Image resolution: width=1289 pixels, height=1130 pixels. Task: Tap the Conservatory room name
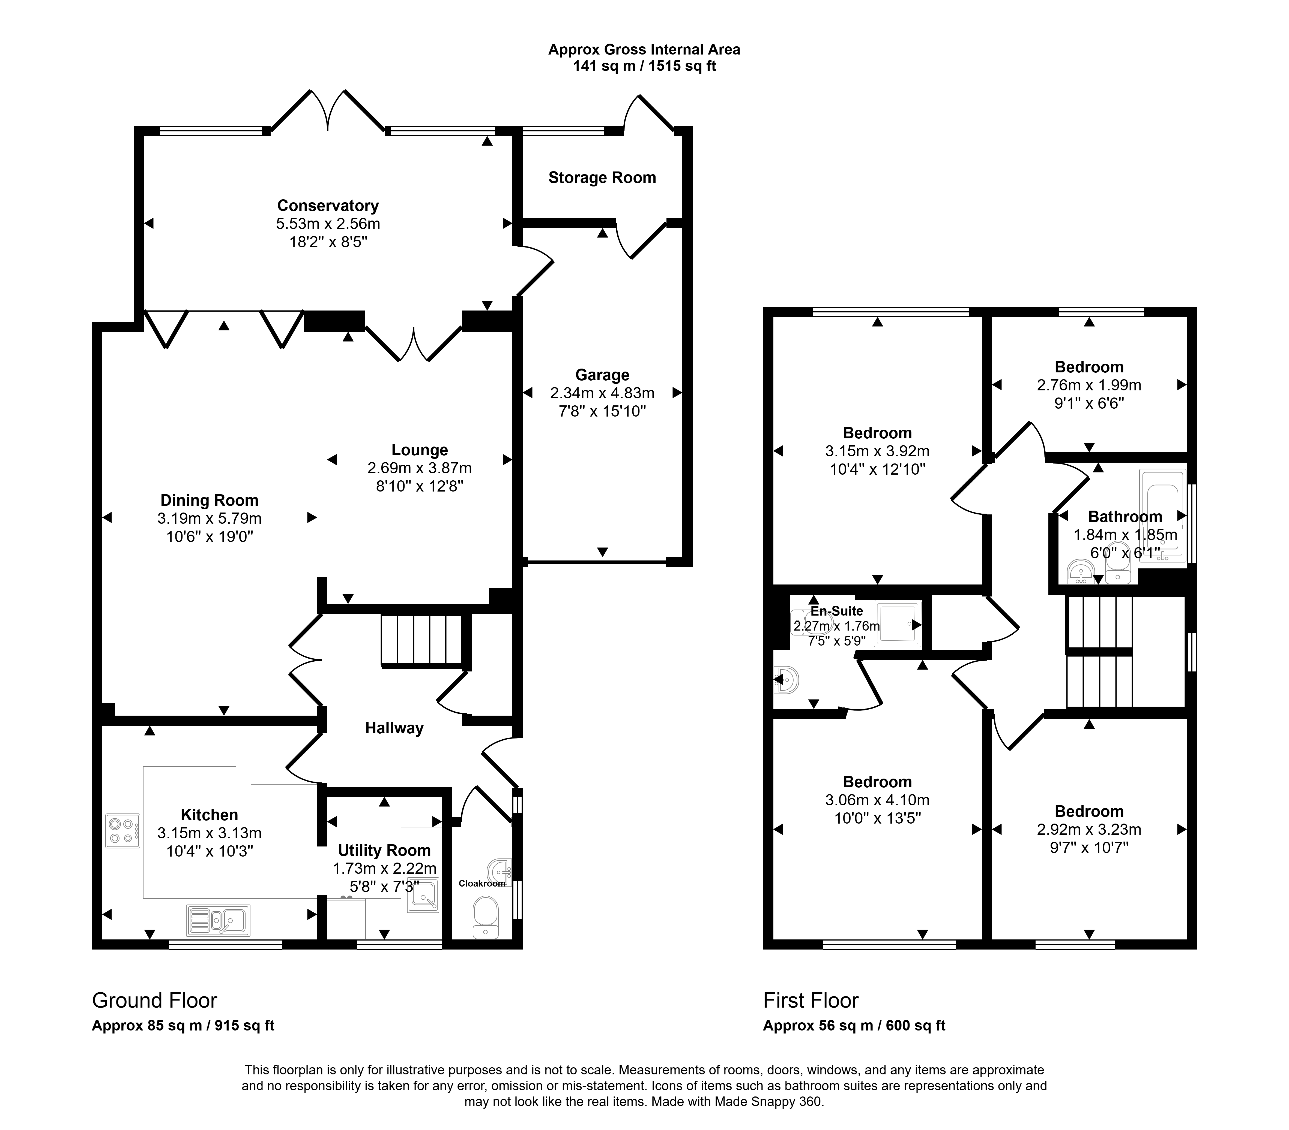[x=328, y=206]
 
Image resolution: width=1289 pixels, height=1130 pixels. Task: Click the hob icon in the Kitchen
[x=123, y=831]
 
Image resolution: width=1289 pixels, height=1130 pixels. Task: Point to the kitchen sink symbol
[x=218, y=920]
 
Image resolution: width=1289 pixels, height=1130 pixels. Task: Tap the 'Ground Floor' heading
[x=154, y=1000]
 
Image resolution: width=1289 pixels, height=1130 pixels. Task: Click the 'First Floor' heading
[x=811, y=1000]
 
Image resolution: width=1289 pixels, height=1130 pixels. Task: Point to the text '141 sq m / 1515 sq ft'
[x=644, y=66]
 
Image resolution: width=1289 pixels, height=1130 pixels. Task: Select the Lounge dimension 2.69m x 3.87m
[x=419, y=468]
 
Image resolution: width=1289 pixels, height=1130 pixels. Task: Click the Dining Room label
[x=209, y=501]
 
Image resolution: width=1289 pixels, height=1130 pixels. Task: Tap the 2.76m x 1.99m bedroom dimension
[x=1089, y=385]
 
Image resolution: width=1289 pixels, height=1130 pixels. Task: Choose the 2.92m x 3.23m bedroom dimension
[x=1089, y=829]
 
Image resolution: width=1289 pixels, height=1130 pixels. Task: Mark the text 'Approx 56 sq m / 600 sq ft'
[x=854, y=1025]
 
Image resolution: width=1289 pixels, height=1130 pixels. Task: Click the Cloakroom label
[x=482, y=884]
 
